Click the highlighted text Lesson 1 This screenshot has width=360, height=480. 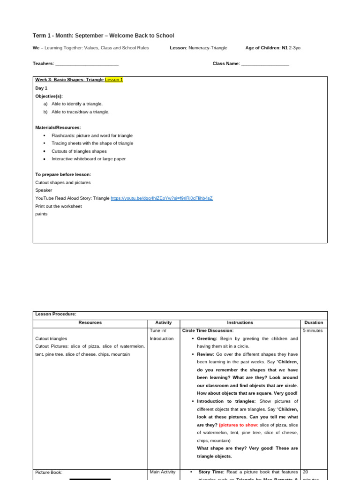click(113, 80)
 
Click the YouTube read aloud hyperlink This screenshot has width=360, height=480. click(161, 198)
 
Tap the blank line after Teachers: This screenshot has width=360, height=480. click(87, 64)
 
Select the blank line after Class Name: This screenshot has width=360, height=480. click(265, 64)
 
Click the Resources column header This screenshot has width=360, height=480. click(90, 322)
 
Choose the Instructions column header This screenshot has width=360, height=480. click(240, 322)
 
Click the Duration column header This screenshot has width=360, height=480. click(314, 322)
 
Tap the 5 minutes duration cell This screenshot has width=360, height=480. click(313, 330)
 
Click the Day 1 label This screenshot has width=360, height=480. click(41, 88)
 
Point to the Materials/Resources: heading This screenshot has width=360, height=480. click(58, 127)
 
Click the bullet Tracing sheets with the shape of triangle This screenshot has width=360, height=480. click(92, 143)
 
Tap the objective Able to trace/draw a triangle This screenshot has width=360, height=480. click(80, 112)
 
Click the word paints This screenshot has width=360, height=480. click(41, 214)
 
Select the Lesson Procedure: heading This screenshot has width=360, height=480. click(56, 314)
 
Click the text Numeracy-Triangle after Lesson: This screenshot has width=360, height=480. click(208, 48)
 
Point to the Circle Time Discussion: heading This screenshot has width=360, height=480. click(208, 330)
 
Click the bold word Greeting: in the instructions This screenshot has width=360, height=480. click(207, 338)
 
